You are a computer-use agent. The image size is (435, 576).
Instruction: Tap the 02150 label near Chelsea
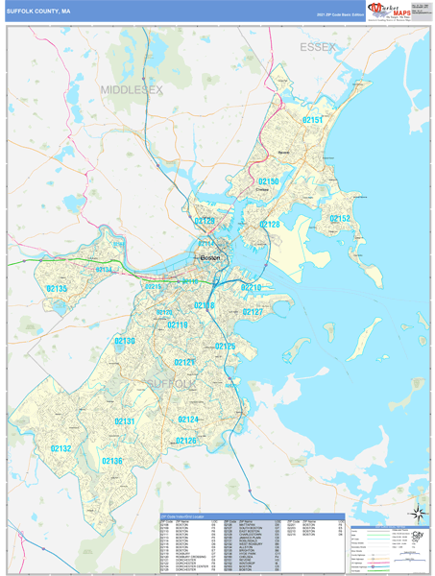tap(269, 180)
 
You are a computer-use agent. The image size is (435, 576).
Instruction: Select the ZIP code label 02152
tap(341, 220)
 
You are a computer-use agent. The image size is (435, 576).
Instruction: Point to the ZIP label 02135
tap(57, 289)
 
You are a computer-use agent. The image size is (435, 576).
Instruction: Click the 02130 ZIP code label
tap(125, 341)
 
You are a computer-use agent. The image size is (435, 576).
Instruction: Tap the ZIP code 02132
tap(60, 448)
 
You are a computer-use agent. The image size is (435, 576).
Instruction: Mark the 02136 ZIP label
tap(112, 461)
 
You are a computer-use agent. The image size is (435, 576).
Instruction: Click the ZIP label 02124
tap(188, 420)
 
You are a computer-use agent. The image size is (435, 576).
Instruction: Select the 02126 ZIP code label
tap(185, 441)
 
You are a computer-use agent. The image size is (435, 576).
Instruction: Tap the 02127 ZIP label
tap(253, 312)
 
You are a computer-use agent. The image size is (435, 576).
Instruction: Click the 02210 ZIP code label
tap(252, 287)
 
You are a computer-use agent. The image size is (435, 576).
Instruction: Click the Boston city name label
tap(209, 258)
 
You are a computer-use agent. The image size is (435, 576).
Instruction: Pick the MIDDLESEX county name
tap(133, 89)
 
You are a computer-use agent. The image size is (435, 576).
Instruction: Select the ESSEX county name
tap(317, 47)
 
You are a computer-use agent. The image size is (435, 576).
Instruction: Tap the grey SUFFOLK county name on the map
tap(170, 384)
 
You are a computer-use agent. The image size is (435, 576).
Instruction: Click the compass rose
tap(418, 516)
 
